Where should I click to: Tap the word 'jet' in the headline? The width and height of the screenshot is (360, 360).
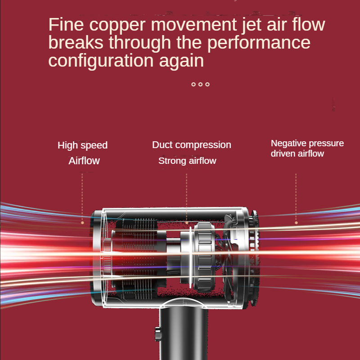252,25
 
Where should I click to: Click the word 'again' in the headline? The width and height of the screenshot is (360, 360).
181,62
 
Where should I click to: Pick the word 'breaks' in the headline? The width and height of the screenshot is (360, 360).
76,42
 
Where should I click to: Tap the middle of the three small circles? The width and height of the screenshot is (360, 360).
200,84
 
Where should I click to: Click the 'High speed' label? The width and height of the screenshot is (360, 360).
82,145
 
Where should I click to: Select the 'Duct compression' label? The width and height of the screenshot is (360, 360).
192,145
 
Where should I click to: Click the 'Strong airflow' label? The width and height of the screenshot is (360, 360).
187,161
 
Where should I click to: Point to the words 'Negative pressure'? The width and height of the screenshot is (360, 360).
307,144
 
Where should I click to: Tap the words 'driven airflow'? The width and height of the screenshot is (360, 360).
297,153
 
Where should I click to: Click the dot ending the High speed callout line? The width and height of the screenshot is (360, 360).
82,223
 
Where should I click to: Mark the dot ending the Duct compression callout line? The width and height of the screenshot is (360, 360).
187,223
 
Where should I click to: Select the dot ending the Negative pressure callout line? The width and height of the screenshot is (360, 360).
296,223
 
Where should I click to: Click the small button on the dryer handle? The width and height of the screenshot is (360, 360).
158,334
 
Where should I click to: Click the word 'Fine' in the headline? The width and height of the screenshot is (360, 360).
66,24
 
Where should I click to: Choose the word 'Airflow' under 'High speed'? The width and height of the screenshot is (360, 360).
84,161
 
